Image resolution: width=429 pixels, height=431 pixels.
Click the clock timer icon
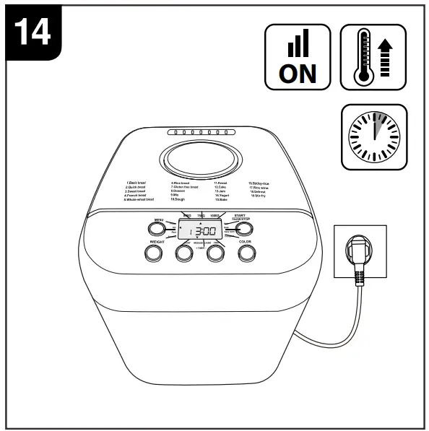tap(373, 136)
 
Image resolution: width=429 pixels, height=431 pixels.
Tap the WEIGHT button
tap(153, 253)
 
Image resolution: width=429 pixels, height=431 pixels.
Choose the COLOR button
tap(248, 253)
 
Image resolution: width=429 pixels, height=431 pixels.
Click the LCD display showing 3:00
tap(200, 232)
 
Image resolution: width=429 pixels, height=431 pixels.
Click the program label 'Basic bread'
tap(136, 183)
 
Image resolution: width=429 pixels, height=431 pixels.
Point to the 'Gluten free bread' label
tap(185, 187)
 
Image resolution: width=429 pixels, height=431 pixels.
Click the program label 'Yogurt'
tap(222, 195)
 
